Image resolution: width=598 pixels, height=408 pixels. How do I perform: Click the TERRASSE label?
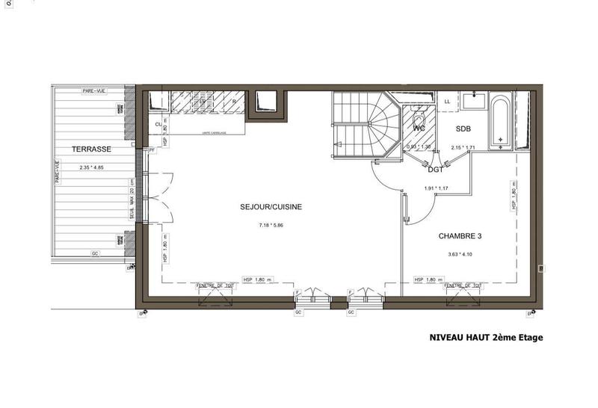pyautogui.click(x=92, y=149)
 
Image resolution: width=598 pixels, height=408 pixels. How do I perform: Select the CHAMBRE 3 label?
pyautogui.click(x=460, y=236)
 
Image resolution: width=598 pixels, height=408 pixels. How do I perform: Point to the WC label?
pyautogui.click(x=419, y=129)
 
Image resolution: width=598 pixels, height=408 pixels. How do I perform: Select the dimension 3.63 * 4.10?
pyautogui.click(x=460, y=254)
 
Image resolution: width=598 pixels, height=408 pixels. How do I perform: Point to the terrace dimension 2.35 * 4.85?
pyautogui.click(x=92, y=167)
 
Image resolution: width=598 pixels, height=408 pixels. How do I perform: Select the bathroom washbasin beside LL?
pyautogui.click(x=473, y=99)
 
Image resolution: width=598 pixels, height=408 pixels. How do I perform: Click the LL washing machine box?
pyautogui.click(x=448, y=100)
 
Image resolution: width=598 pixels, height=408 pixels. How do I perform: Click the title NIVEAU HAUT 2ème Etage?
pyautogui.click(x=486, y=338)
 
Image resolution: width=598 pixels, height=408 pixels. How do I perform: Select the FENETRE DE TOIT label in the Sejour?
pyautogui.click(x=215, y=285)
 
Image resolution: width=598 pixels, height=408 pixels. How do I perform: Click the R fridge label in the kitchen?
pyautogui.click(x=234, y=100)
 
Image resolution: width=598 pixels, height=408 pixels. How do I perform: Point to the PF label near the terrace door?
pyautogui.click(x=152, y=150)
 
